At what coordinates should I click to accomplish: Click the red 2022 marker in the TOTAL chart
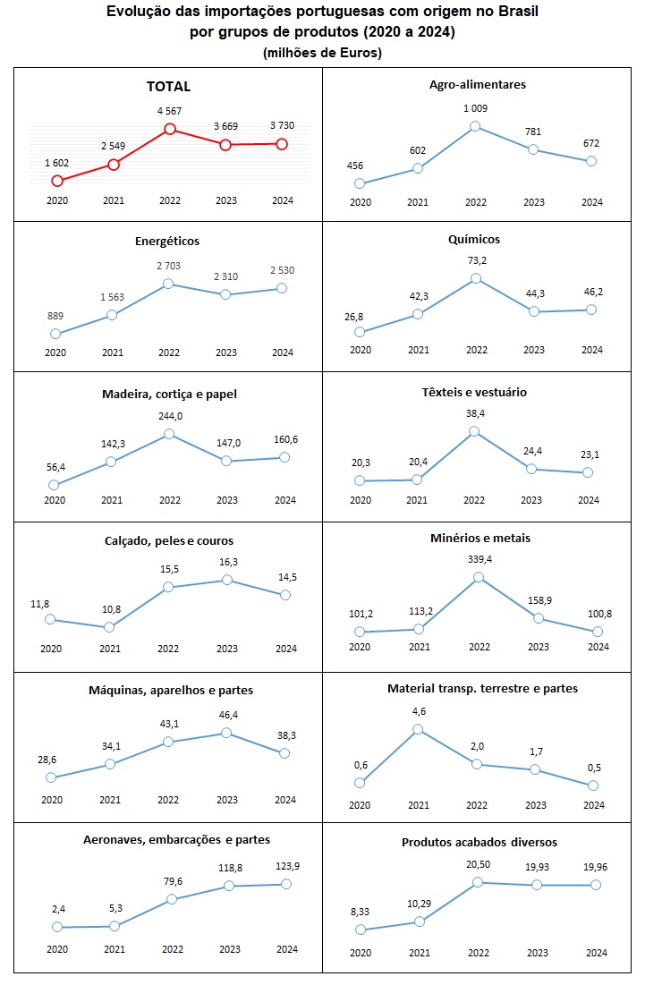pos(169,130)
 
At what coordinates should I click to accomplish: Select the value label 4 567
pos(169,111)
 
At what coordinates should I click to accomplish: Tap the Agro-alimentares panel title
pos(477,84)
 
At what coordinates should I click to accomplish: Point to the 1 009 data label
pos(476,108)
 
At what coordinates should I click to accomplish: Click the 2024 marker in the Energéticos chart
pos(282,288)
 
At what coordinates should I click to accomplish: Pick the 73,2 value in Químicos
pos(476,260)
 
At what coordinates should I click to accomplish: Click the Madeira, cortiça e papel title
pos(168,393)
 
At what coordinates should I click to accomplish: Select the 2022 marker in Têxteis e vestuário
pos(475,431)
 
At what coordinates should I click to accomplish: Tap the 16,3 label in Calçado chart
pos(227,561)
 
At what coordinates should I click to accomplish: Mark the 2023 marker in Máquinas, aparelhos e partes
pos(227,733)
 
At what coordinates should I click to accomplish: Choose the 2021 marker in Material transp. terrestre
pos(418,729)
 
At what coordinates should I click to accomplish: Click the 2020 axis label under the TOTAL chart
pos(55,201)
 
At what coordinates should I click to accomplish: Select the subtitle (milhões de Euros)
pos(322,53)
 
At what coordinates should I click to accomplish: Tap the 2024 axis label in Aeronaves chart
pos(286,949)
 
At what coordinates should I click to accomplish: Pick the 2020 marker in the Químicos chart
pos(360,332)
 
